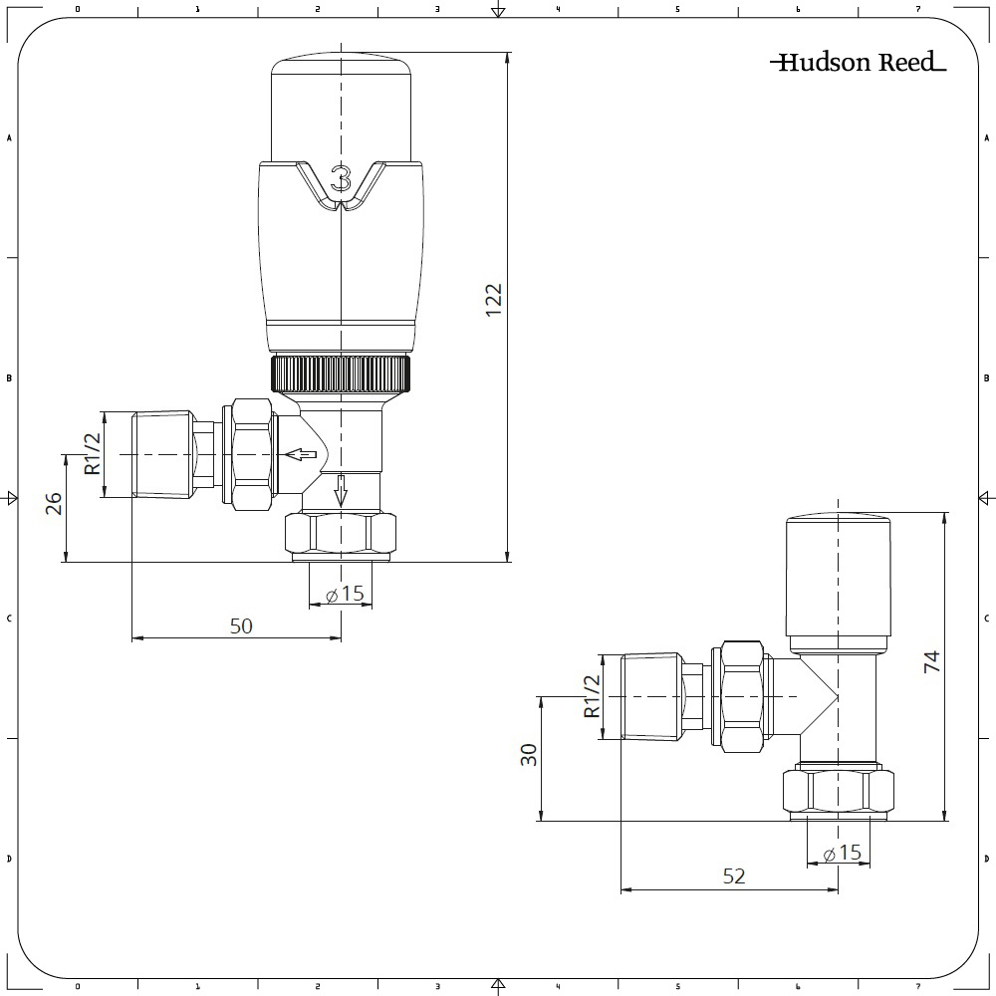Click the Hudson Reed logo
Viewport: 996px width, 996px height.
tap(859, 62)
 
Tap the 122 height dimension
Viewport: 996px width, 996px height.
tap(494, 301)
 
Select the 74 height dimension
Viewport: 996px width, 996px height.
tap(931, 662)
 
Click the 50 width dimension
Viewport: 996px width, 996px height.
tap(241, 626)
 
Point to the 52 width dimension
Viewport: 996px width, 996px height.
tap(734, 876)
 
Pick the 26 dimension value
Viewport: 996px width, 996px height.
tap(54, 504)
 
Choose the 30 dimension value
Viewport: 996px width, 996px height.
tap(529, 755)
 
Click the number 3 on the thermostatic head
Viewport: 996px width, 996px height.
tap(341, 178)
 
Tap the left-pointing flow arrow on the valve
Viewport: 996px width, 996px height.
tap(301, 454)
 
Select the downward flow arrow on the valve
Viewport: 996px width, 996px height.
tap(341, 490)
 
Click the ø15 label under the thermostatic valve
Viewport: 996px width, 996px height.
tap(345, 595)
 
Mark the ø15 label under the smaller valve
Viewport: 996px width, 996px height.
tap(843, 854)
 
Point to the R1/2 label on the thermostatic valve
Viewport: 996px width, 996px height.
tap(93, 453)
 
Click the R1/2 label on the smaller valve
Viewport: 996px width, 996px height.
tap(592, 696)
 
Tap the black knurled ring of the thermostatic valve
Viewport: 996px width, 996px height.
tap(341, 373)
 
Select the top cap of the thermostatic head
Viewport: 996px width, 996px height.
tap(341, 108)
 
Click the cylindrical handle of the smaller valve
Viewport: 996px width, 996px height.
tap(838, 585)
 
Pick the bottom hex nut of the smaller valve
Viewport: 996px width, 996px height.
tap(838, 792)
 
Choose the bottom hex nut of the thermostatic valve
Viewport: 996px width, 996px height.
tap(341, 533)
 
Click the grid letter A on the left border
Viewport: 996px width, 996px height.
tap(9, 137)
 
